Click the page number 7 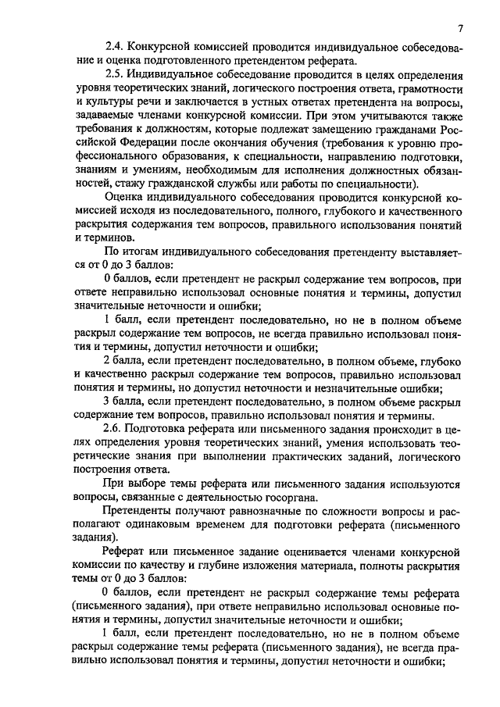[x=461, y=30]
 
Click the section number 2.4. [x=115, y=48]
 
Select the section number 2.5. [x=115, y=74]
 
